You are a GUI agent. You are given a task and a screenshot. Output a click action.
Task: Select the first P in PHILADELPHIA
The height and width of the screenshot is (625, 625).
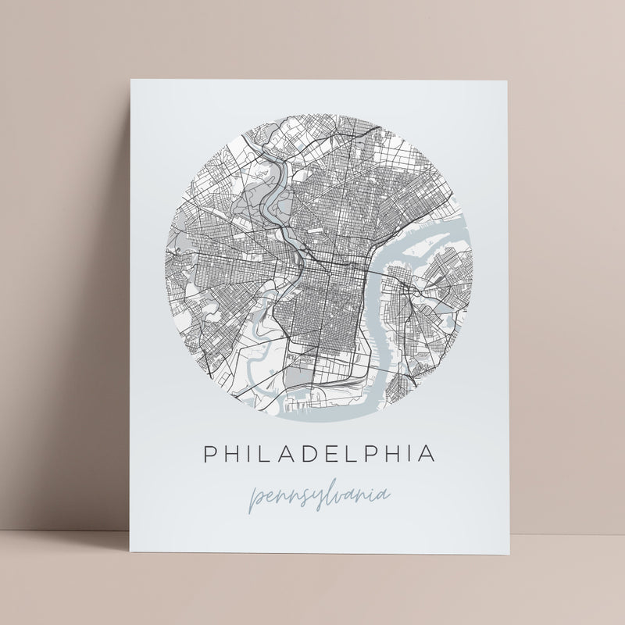[x=210, y=453]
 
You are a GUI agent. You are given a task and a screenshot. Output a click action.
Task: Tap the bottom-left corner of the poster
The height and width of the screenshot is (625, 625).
[x=129, y=573]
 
